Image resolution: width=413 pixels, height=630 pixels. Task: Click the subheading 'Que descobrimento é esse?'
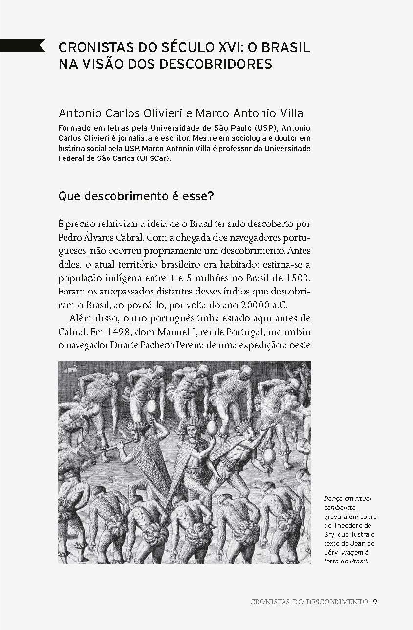pyautogui.click(x=136, y=197)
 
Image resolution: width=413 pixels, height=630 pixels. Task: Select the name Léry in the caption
pyautogui.click(x=332, y=552)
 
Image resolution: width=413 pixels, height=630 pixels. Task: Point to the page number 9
pyautogui.click(x=374, y=602)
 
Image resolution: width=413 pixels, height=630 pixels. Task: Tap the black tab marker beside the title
pyautogui.click(x=22, y=45)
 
